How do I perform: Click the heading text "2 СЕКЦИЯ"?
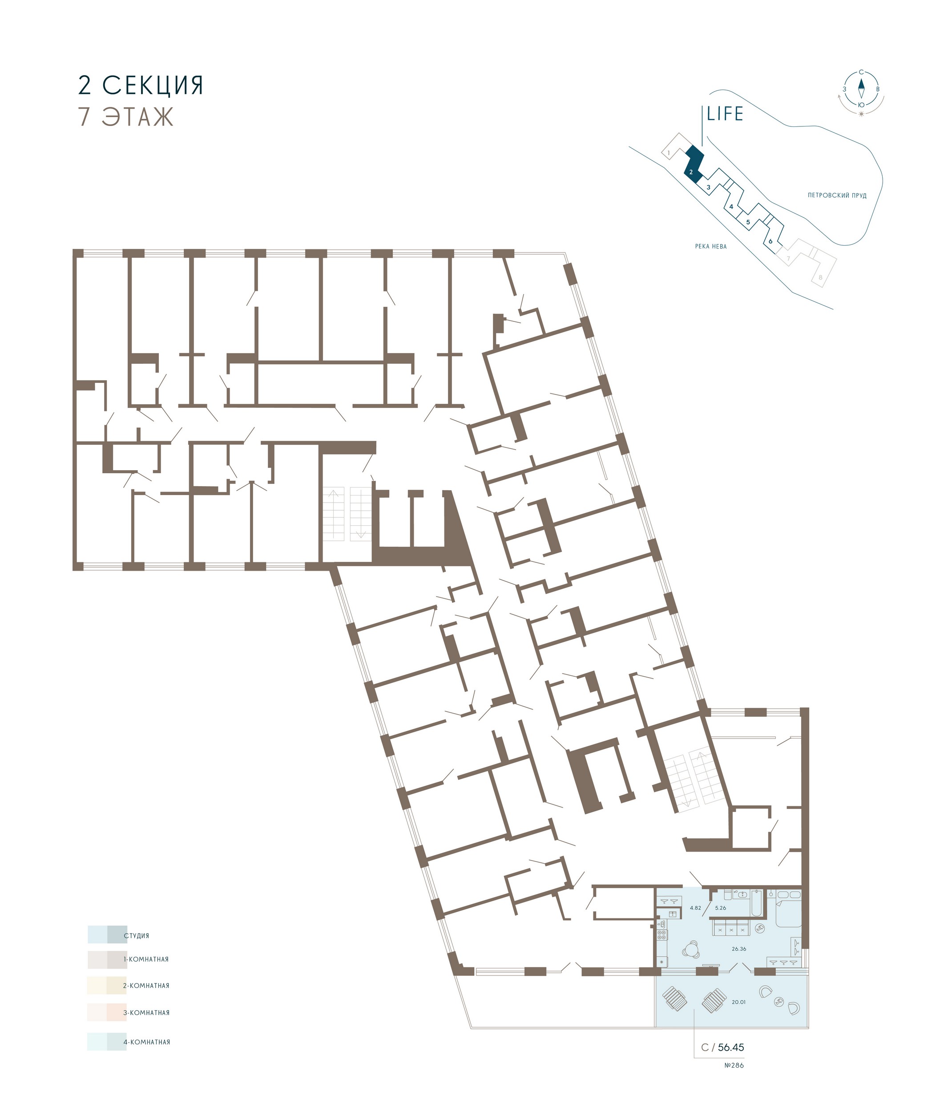pos(141,85)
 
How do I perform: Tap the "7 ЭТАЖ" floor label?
pos(126,117)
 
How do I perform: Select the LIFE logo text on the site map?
pos(725,114)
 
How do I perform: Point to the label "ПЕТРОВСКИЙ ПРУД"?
pos(837,195)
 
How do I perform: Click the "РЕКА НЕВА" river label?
pos(711,247)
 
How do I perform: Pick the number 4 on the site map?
pos(731,206)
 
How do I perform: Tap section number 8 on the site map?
pos(820,277)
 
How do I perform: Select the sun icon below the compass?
pos(862,114)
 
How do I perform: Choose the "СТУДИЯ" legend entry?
pos(136,936)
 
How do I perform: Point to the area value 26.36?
pos(738,949)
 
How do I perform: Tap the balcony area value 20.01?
pos(738,1002)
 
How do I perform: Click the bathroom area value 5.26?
pos(720,908)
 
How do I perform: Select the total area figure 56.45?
pos(731,1047)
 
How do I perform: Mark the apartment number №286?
pos(734,1065)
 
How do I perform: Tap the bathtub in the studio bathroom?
pos(755,903)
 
